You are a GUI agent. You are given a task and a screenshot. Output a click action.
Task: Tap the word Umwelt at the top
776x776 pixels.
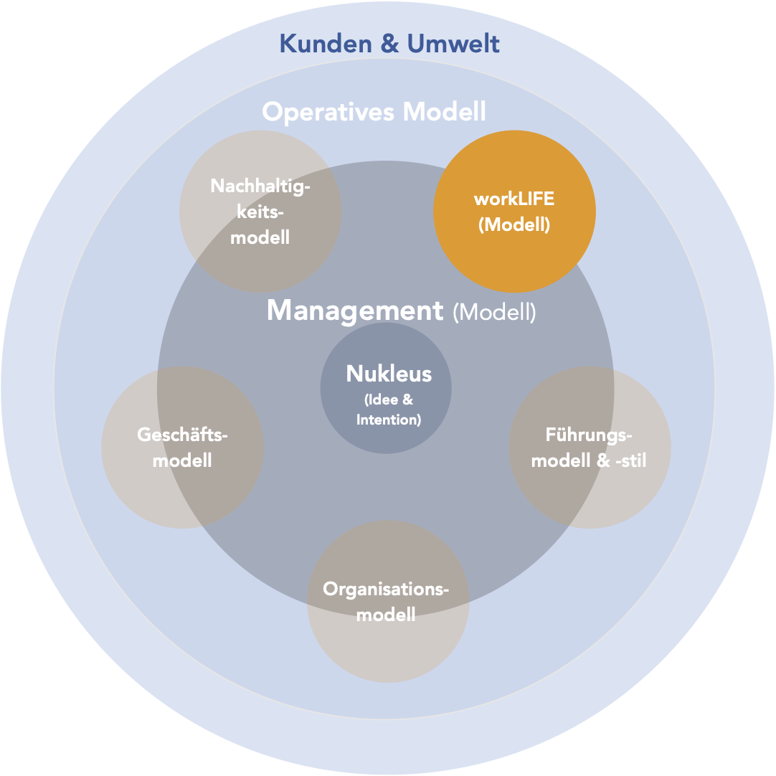point(453,44)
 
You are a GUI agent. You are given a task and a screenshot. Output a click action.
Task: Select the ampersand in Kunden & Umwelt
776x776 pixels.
point(389,44)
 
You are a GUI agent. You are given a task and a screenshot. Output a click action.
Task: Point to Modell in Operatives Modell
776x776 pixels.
point(445,113)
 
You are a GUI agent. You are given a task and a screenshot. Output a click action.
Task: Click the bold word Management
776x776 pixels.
point(355,311)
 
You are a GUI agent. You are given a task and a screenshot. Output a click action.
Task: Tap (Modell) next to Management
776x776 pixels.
point(494,313)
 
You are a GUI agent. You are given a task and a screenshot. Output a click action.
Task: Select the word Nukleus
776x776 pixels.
point(389,374)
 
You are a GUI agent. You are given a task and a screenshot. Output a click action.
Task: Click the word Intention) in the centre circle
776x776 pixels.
point(389,420)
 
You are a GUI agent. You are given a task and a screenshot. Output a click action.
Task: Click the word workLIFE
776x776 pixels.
point(514,200)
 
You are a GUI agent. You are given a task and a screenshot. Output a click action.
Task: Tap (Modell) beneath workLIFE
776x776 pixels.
point(514,224)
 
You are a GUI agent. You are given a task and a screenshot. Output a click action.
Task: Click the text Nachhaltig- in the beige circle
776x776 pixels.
point(260,186)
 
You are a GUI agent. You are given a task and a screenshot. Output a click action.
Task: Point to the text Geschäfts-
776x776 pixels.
point(182,435)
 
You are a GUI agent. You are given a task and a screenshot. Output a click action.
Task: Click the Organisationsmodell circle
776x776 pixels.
point(388,645)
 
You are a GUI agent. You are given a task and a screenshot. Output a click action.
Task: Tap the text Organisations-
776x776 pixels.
point(386,590)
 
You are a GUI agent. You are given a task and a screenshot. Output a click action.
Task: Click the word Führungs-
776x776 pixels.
point(589,435)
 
